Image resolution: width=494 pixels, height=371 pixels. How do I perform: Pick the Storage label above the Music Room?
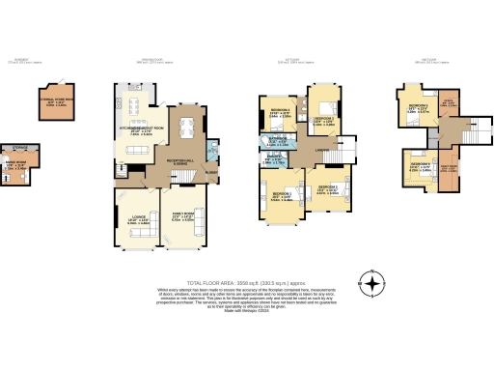click(20, 147)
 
